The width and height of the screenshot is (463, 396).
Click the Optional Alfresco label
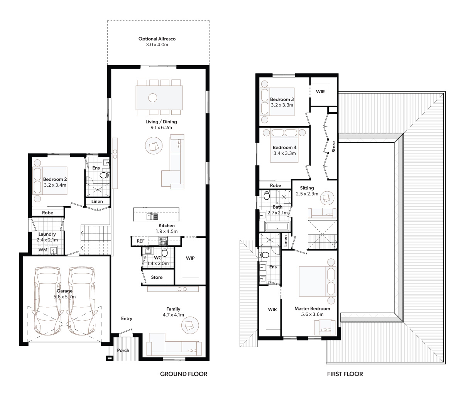coord(157,39)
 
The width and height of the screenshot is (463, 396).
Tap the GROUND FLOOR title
coord(184,374)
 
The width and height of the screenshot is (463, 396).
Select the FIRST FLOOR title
coord(345,374)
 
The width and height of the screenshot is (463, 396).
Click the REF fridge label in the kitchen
coord(141,241)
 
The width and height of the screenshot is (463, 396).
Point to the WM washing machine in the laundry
coord(43,249)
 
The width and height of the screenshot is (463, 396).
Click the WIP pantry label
coord(190,258)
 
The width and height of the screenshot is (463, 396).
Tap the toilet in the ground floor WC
coord(165,252)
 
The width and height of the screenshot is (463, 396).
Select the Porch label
coord(123,351)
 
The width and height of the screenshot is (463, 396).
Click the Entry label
coord(127,318)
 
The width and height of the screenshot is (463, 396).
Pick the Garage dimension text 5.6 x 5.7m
coord(64,297)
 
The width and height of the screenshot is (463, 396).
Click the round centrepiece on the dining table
coord(152,98)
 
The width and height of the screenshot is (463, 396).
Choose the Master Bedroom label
coord(312,308)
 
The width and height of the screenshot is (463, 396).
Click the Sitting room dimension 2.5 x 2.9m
coord(307,194)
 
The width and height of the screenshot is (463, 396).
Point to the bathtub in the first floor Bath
coord(277,227)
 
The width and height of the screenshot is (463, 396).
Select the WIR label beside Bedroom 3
coord(320,91)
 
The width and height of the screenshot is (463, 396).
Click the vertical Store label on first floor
coord(334,147)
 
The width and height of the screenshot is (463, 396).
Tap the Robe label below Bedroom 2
coord(48,213)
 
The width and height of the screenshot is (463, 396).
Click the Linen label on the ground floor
coord(97,201)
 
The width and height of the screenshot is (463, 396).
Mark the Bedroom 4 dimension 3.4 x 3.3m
coord(284,153)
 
